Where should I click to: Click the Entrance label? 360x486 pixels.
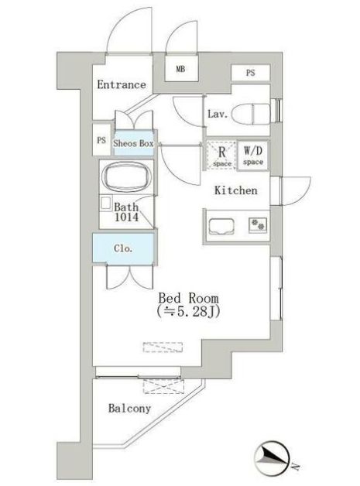tap(122, 84)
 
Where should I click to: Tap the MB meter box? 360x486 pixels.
tap(181, 69)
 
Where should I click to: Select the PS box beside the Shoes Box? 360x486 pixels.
tap(101, 140)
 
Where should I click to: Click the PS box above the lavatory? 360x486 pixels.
tap(251, 73)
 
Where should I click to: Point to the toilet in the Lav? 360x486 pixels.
tap(251, 114)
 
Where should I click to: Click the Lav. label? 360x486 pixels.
tap(218, 114)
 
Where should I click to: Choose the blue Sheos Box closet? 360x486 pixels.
tap(134, 143)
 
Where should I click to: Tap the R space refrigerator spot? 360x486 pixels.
tap(221, 156)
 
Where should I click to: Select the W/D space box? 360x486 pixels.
tap(253, 156)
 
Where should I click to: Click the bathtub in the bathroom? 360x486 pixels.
tap(127, 177)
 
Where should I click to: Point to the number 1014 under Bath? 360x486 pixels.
tap(126, 217)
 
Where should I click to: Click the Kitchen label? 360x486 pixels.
tap(236, 190)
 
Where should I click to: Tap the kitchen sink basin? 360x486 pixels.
tap(221, 227)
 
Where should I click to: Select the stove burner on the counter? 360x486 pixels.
tap(258, 224)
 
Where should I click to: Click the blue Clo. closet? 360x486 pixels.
tap(123, 248)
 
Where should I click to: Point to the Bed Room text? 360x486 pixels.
tap(188, 298)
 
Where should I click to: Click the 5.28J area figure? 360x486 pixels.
tap(194, 312)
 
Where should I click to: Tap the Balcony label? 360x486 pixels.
tap(129, 409)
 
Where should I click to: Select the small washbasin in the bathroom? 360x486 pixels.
tap(106, 204)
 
